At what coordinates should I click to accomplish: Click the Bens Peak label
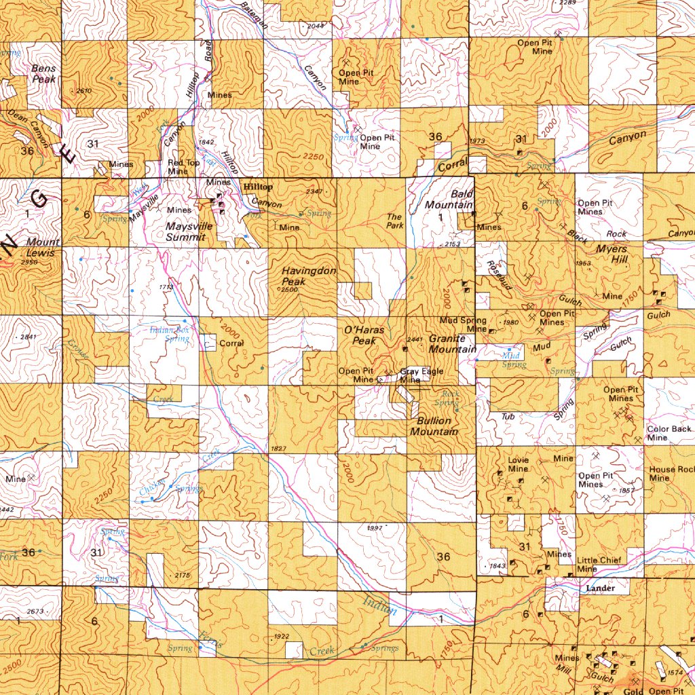[44, 74]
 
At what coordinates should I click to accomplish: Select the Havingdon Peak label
[309, 276]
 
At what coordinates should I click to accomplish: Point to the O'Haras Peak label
[364, 335]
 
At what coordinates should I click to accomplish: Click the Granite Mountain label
[451, 343]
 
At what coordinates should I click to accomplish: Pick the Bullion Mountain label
[434, 426]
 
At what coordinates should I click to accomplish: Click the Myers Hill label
[612, 255]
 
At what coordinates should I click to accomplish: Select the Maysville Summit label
[189, 231]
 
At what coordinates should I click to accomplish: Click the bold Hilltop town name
[258, 187]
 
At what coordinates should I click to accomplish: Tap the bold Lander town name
[600, 588]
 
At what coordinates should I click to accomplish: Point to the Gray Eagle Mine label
[421, 375]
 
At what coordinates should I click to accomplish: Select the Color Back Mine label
[669, 433]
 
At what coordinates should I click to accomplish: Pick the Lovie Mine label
[518, 465]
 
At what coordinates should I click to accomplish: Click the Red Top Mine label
[183, 168]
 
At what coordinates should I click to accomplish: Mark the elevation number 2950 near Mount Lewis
[29, 262]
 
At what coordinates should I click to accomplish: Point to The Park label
[395, 221]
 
